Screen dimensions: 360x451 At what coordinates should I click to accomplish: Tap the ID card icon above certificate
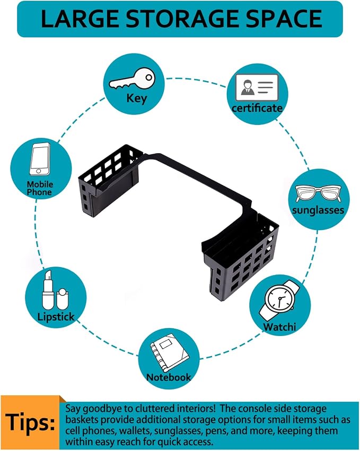pyautogui.click(x=257, y=87)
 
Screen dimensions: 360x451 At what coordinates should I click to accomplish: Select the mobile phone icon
pyautogui.click(x=40, y=159)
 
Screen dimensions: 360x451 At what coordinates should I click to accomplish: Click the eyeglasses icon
pyautogui.click(x=318, y=193)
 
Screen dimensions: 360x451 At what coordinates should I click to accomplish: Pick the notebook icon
pyautogui.click(x=169, y=352)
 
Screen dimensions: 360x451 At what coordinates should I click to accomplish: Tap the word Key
pyautogui.click(x=137, y=99)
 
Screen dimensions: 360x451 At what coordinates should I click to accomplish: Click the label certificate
pyautogui.click(x=257, y=108)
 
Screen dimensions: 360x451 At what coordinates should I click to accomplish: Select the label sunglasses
pyautogui.click(x=318, y=210)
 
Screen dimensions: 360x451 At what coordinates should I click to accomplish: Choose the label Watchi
pyautogui.click(x=279, y=327)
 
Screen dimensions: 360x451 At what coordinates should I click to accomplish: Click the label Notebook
pyautogui.click(x=169, y=377)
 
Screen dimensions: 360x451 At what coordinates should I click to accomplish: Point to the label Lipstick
pyautogui.click(x=56, y=317)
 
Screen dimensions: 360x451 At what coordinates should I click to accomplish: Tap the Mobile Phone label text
pyautogui.click(x=40, y=188)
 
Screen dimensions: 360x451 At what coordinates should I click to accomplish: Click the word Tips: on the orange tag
pyautogui.click(x=30, y=422)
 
